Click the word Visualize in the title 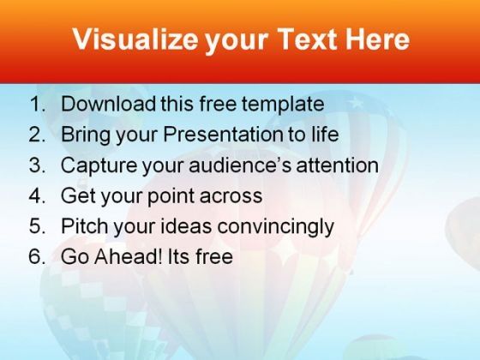pos(135,39)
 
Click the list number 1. pos(38,104)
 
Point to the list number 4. pos(38,195)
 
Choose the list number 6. pos(38,256)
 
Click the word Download pos(109,104)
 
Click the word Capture pos(99,165)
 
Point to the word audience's pos(240,165)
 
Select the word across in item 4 pos(231,196)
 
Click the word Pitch pos(84,226)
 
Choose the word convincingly pos(275,226)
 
